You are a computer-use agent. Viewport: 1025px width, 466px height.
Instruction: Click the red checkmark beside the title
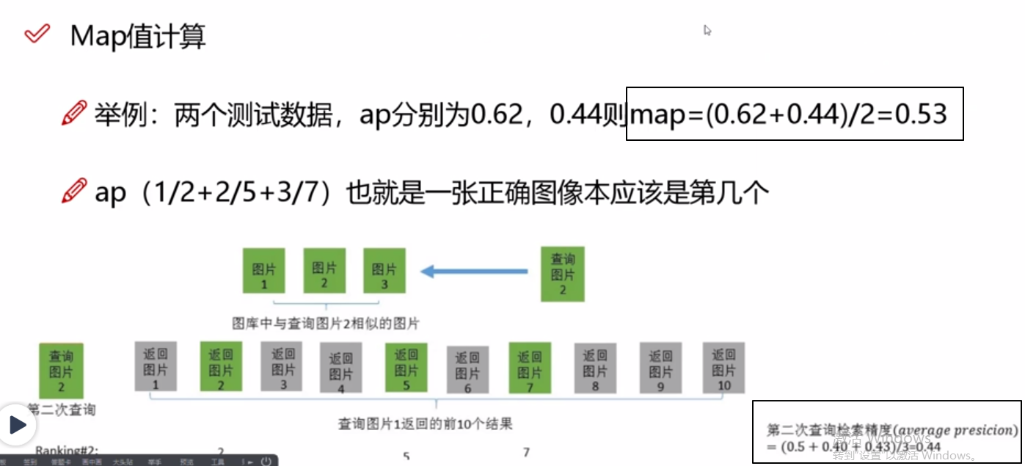click(37, 34)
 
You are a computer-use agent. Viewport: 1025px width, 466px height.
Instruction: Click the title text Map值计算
click(138, 36)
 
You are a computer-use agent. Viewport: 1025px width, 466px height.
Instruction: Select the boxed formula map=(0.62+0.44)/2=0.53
click(794, 114)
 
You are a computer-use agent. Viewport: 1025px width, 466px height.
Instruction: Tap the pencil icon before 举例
click(74, 114)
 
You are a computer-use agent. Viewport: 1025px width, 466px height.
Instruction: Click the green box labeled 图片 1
click(264, 271)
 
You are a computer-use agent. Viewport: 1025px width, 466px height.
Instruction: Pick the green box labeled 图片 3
click(384, 271)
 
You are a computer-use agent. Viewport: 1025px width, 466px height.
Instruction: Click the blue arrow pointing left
click(474, 272)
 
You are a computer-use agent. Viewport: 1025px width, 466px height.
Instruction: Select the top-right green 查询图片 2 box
click(563, 274)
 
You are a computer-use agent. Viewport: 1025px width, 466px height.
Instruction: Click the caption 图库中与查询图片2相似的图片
click(326, 324)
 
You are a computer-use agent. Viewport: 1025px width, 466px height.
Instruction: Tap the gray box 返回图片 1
click(156, 366)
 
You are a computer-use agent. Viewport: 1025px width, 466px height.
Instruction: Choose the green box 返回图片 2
click(221, 366)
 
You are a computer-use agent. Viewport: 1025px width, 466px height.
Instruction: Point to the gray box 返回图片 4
click(340, 371)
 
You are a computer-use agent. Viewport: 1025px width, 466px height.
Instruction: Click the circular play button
click(17, 424)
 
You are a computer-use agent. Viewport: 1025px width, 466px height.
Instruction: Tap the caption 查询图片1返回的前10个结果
click(425, 423)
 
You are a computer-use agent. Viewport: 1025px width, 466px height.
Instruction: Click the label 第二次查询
click(62, 409)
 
